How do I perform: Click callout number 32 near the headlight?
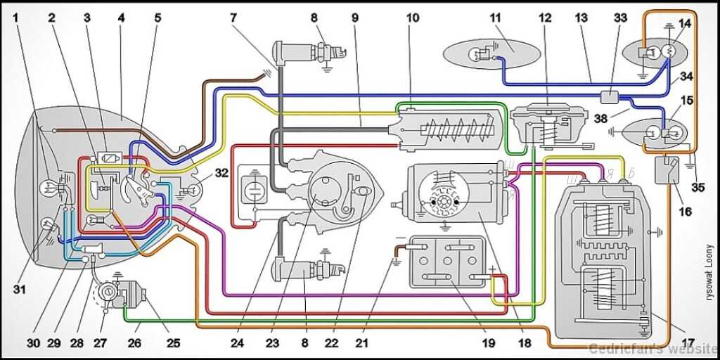coord(221,172)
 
